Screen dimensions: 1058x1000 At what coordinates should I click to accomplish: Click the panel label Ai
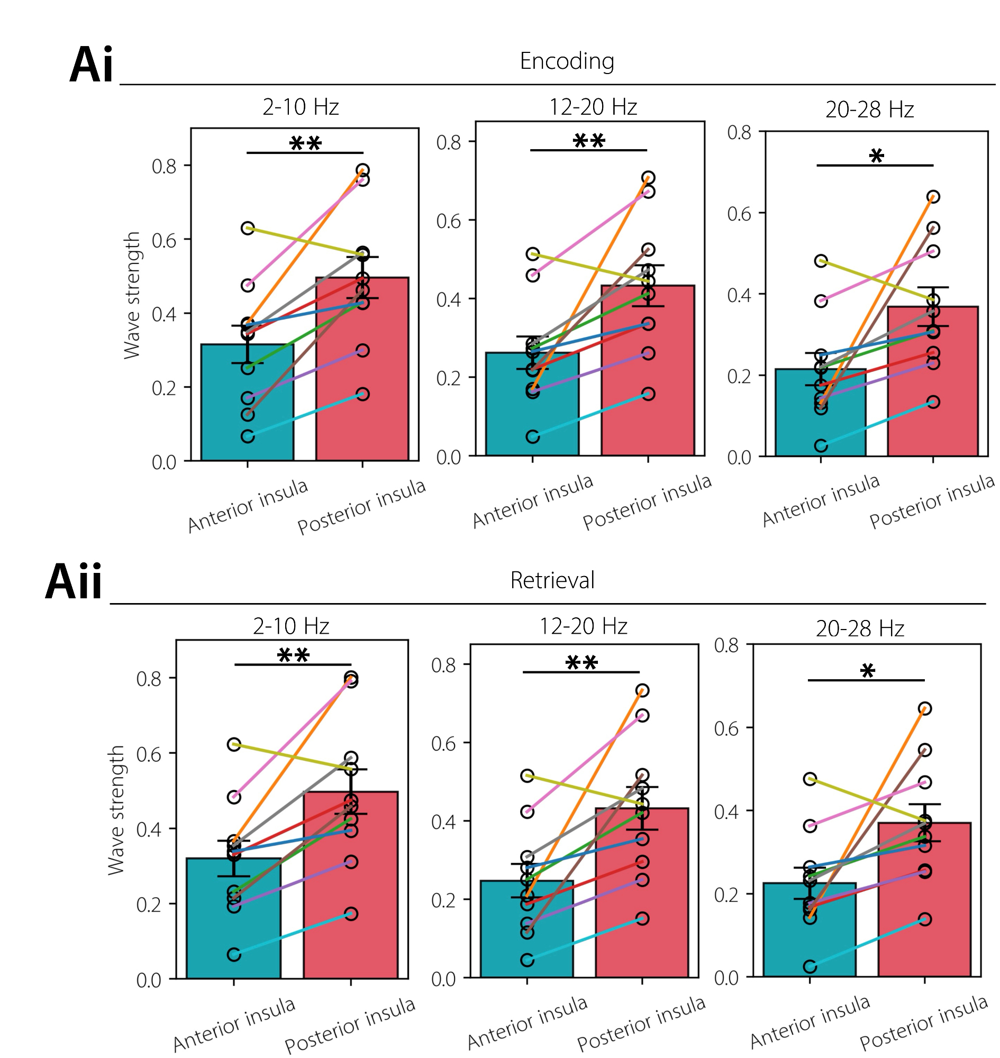(91, 65)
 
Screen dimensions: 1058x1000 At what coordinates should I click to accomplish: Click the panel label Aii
(74, 582)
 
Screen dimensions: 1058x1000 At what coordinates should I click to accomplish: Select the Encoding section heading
(567, 61)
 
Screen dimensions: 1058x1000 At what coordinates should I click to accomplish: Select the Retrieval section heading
(552, 580)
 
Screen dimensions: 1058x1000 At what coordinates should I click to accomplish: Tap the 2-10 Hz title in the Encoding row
(301, 107)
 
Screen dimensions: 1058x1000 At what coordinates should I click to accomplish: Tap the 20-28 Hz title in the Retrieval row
(860, 629)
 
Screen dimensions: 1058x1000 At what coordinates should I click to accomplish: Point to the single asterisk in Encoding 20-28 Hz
(876, 157)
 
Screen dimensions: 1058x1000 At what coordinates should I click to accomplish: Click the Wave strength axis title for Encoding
(132, 295)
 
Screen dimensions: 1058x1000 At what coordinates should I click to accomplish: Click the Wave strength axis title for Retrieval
(116, 810)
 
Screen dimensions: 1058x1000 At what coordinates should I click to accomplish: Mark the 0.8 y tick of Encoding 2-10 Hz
(163, 166)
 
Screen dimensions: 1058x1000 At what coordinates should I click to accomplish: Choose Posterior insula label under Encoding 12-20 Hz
(647, 502)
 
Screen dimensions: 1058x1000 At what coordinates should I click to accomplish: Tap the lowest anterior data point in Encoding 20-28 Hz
(821, 445)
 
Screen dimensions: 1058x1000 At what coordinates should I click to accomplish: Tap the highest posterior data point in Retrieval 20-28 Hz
(925, 708)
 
